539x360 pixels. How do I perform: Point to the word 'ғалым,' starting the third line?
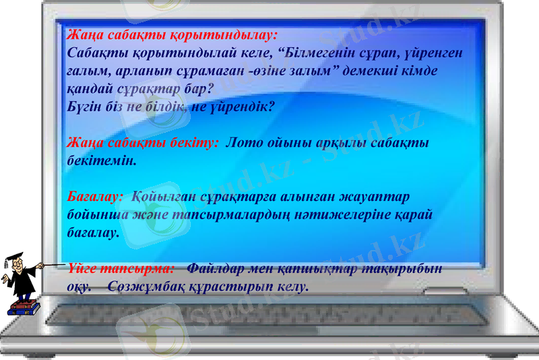[90, 70]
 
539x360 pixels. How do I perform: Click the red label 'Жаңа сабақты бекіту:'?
[144, 143]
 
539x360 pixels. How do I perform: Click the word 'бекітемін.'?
[102, 161]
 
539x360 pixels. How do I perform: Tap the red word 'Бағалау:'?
[95, 196]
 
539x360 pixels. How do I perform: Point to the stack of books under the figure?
[24, 308]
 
